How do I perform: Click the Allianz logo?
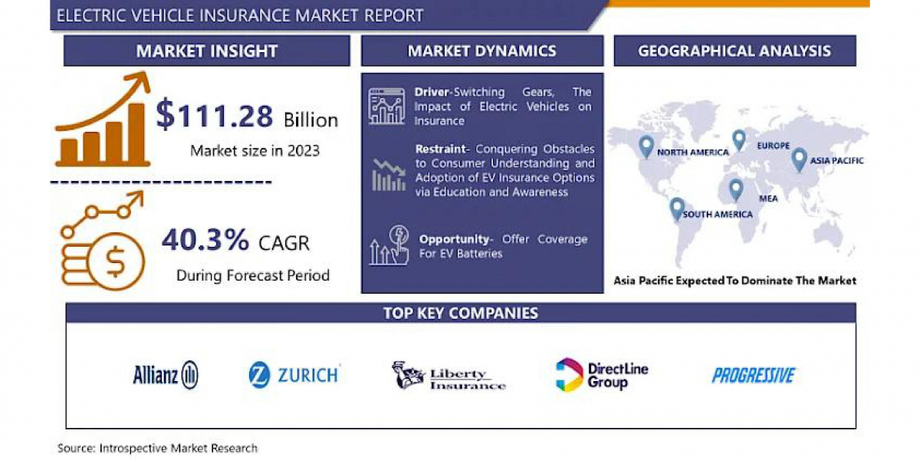(x=166, y=375)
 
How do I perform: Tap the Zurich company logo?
(x=294, y=375)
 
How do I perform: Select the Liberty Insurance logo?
(x=449, y=375)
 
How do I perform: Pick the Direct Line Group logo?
(x=602, y=375)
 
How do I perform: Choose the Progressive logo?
(x=754, y=376)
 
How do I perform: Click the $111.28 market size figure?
(x=215, y=114)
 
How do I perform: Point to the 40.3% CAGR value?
(x=205, y=239)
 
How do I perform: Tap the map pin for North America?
(x=646, y=146)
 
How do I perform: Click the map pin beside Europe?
(x=739, y=140)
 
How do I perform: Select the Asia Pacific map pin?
(x=799, y=159)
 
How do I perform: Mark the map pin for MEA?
(x=735, y=190)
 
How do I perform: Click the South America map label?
(x=718, y=214)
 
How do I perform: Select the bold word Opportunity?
(x=454, y=239)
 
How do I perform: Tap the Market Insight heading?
(x=207, y=51)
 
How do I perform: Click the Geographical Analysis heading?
(x=734, y=51)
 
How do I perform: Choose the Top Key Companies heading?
(x=461, y=313)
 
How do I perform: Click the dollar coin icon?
(x=116, y=261)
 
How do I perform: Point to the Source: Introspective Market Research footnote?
(x=157, y=448)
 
